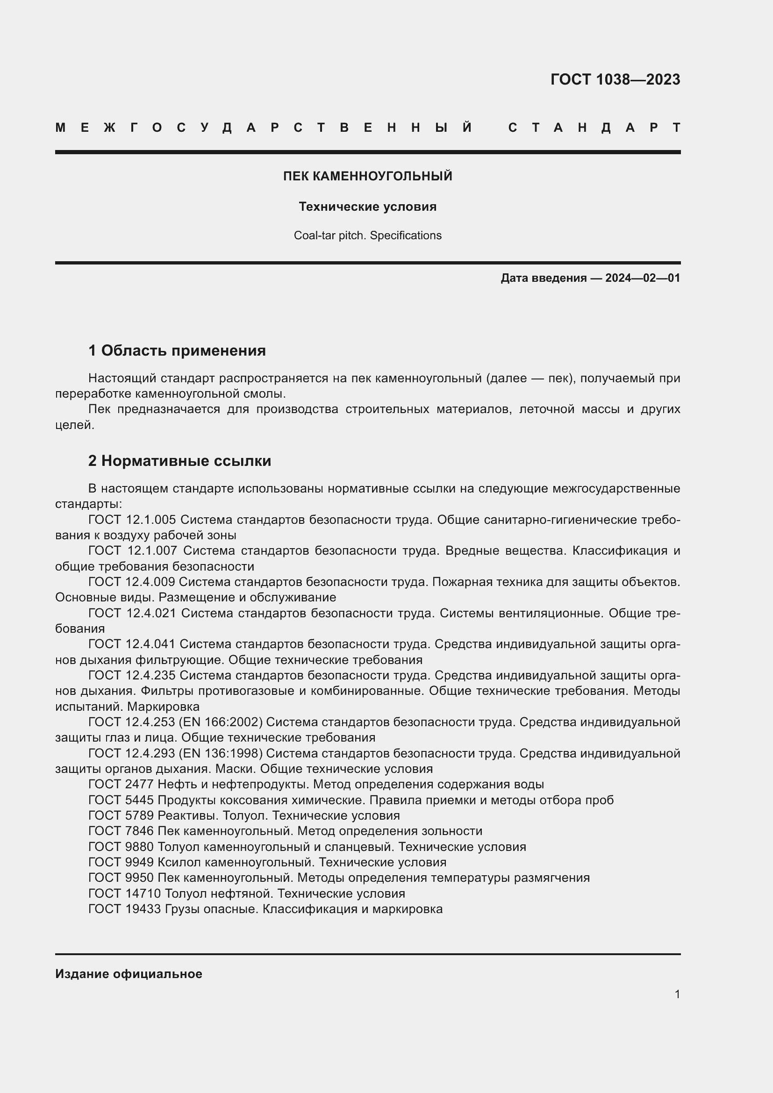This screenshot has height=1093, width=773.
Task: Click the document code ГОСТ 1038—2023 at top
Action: click(615, 79)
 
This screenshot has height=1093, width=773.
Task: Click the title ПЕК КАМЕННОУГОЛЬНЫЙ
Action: click(367, 176)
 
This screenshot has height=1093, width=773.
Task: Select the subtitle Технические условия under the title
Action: click(367, 207)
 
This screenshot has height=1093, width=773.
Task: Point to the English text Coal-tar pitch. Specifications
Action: click(367, 236)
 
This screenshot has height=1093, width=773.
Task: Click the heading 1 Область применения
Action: click(177, 351)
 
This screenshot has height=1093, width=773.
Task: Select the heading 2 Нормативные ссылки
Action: click(179, 461)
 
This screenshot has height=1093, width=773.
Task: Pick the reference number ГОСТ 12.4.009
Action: click(132, 582)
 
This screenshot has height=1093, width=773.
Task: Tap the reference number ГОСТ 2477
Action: click(121, 785)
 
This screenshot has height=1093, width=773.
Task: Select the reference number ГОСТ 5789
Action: click(121, 815)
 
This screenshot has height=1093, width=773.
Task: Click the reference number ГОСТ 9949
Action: click(121, 862)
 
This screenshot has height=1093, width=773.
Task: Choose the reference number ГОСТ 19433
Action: click(125, 909)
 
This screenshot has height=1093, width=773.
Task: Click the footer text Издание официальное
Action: click(129, 974)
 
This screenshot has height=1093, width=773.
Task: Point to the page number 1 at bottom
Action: click(677, 994)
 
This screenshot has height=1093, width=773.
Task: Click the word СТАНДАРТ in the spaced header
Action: click(594, 128)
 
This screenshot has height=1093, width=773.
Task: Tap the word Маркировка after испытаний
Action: click(163, 707)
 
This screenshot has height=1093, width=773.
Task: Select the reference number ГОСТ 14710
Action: click(125, 893)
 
